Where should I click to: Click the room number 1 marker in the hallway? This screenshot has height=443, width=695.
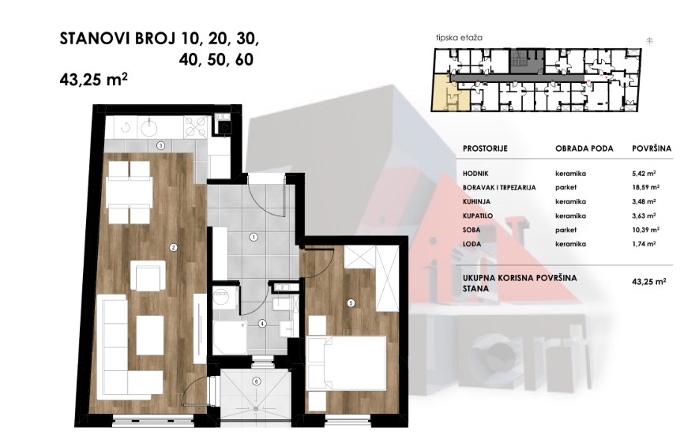(254, 238)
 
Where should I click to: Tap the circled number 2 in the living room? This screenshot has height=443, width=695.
(173, 248)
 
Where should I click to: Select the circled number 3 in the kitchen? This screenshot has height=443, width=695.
(161, 145)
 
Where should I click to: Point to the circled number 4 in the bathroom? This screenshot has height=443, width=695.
(262, 324)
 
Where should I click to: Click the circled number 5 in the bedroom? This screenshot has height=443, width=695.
(351, 303)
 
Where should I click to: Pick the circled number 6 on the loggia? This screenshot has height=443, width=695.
(256, 381)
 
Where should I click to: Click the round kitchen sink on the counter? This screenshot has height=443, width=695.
(149, 128)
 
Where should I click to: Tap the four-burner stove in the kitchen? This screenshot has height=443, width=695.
(196, 127)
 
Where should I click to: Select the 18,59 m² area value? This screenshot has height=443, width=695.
(646, 187)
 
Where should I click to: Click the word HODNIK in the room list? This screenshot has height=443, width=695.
(475, 174)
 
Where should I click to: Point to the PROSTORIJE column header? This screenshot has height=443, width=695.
(485, 148)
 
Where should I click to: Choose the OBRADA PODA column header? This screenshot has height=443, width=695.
(584, 148)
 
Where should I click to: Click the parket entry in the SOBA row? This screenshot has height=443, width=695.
(566, 230)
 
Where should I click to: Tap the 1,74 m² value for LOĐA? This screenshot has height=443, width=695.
(644, 244)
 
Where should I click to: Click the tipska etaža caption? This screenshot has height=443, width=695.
(459, 38)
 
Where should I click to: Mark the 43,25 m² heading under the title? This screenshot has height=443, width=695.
(93, 80)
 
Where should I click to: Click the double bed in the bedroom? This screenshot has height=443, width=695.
(346, 363)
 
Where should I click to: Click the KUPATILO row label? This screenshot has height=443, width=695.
(478, 216)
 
